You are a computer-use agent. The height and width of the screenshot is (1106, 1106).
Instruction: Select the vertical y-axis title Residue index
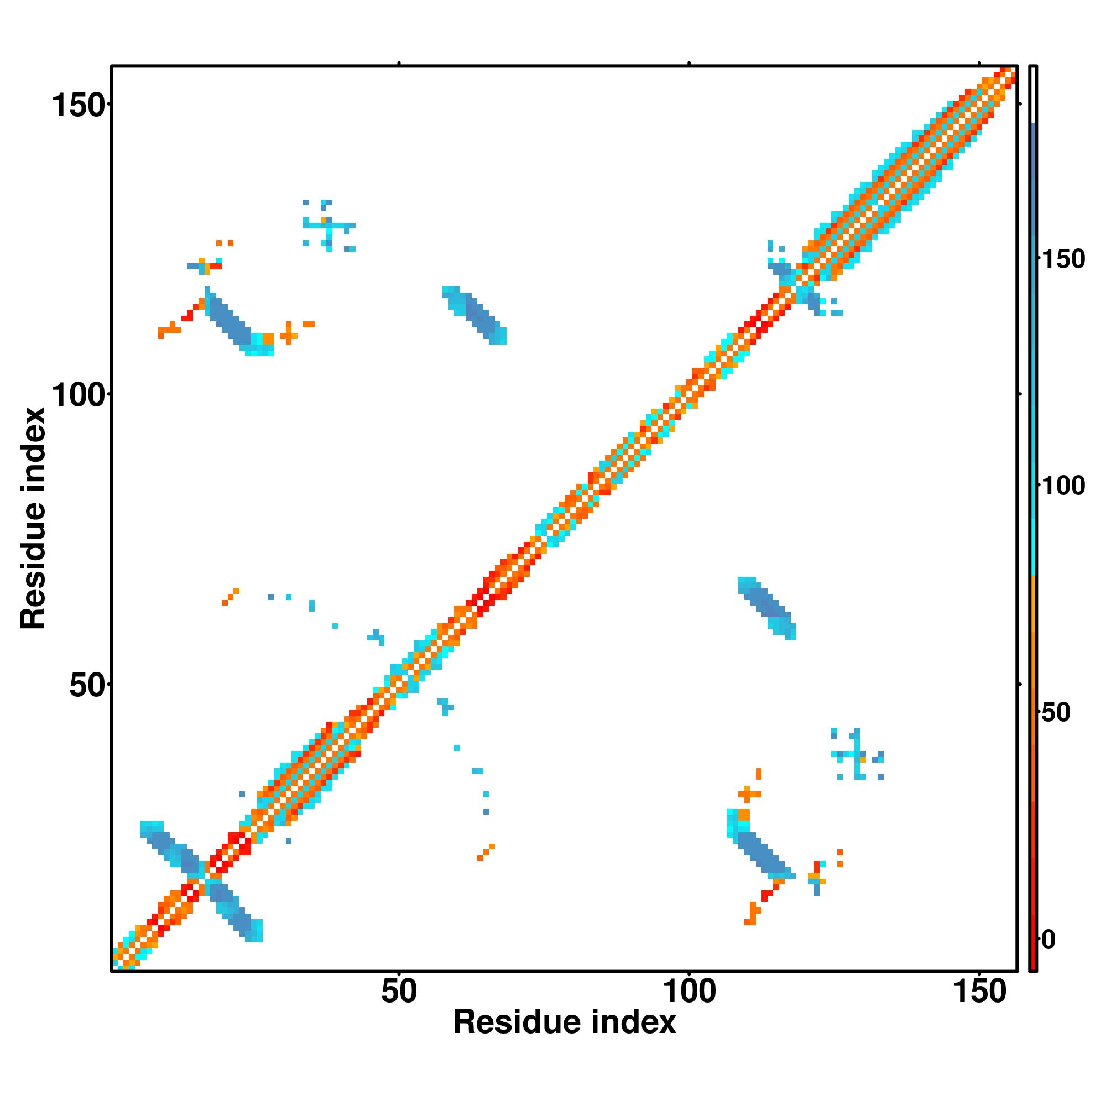point(33,518)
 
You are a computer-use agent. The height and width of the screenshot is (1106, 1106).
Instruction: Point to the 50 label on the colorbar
point(1056,713)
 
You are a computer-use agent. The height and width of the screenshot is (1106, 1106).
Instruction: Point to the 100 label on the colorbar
point(1063,486)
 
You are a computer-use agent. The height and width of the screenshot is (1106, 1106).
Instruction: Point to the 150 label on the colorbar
point(1063,259)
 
